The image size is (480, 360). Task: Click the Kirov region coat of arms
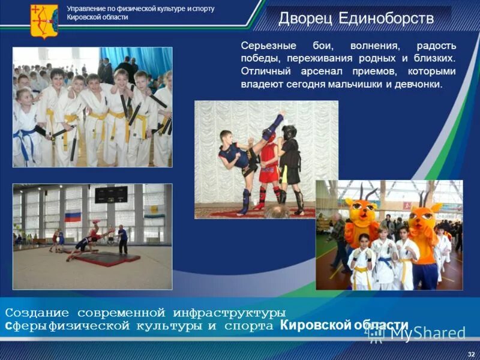click(44, 21)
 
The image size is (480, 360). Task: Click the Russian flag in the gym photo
click(73, 217)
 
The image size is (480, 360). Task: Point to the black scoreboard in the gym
click(111, 194)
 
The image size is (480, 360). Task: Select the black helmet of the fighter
click(289, 132)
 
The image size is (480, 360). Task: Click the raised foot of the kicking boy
click(279, 115)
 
